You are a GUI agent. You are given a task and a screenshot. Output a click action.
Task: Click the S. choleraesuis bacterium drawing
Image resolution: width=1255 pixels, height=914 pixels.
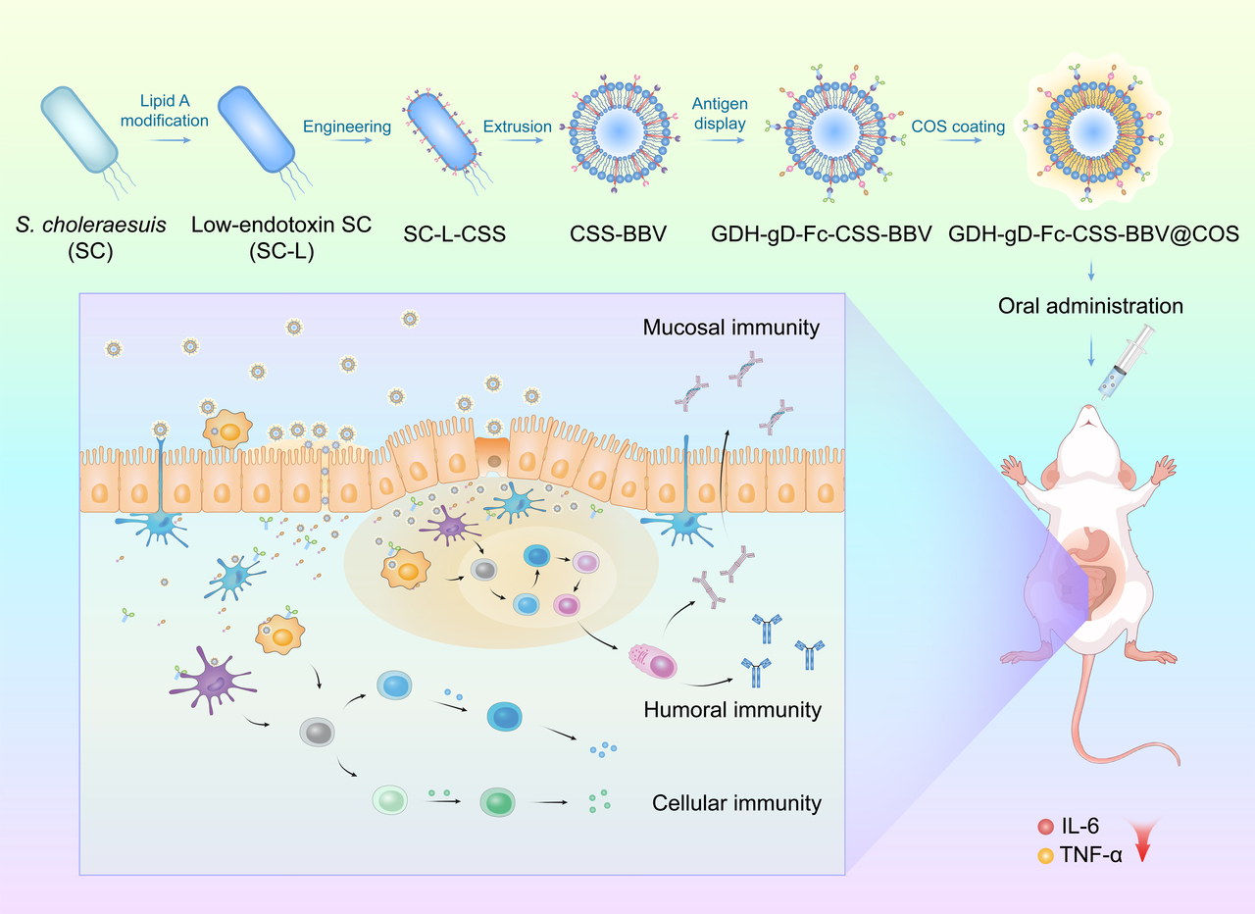79,128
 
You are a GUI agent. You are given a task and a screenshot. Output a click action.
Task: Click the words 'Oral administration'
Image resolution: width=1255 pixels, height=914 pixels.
1090,306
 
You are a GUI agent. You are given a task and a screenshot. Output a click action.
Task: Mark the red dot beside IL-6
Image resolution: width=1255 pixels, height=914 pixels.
1045,827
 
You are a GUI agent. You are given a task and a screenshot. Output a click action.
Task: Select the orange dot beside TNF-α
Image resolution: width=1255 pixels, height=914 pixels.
1045,853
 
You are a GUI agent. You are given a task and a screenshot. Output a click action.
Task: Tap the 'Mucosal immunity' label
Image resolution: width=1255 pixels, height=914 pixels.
730,328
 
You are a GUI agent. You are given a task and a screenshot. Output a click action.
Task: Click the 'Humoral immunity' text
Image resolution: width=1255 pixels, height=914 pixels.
732,709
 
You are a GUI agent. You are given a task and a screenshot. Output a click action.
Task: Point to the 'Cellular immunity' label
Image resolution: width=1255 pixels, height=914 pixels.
736,803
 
